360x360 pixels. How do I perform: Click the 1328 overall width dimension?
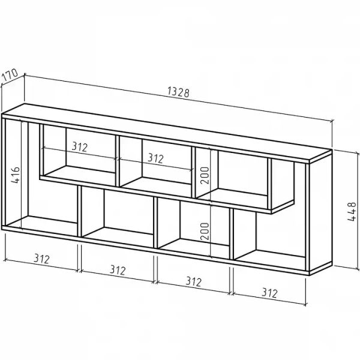[x=179, y=92]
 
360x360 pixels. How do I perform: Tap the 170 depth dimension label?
[x=10, y=75]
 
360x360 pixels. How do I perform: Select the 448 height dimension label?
[x=352, y=211]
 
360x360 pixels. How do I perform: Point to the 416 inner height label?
[x=16, y=175]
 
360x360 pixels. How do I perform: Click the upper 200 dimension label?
[x=205, y=175]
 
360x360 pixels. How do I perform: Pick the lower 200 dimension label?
[x=205, y=231]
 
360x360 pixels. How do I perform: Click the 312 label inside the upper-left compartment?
[x=80, y=147]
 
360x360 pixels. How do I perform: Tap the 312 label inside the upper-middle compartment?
[x=155, y=158]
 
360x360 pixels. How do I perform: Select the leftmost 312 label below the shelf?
[x=42, y=259]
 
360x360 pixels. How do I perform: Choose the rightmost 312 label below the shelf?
[x=270, y=293]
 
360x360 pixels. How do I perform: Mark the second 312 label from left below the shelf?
[x=118, y=270]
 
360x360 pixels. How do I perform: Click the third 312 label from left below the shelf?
[x=194, y=281]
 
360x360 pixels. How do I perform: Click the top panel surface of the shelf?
[x=166, y=133]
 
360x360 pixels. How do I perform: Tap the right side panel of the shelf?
[x=320, y=212]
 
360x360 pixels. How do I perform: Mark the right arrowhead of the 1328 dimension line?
[x=331, y=121]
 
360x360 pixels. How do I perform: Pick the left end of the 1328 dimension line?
[x=25, y=75]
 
